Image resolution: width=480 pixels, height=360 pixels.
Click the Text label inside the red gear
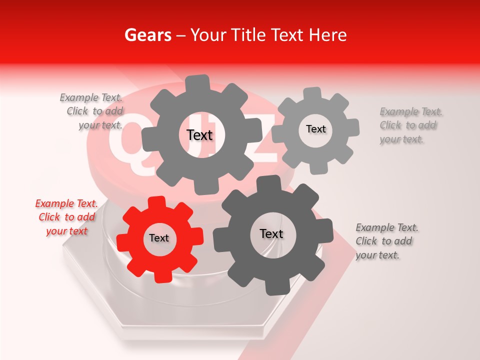(x=159, y=238)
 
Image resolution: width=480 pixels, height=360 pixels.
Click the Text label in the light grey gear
(x=316, y=129)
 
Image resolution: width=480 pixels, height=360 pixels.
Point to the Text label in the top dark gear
(x=199, y=135)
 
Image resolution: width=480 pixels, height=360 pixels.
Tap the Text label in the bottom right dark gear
(x=271, y=233)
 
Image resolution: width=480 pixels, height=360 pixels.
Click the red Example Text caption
(x=66, y=217)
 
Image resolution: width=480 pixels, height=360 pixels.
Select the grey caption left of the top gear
(x=92, y=111)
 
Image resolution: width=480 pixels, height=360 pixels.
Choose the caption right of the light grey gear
(x=410, y=125)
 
